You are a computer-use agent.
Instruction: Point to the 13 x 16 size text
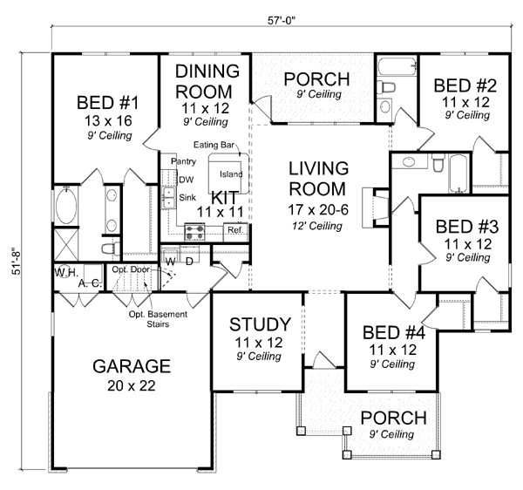109,121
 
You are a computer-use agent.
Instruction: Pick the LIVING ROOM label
319,178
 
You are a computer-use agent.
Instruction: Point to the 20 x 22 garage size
134,385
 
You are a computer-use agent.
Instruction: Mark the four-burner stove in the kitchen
194,231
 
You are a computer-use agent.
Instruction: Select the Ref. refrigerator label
234,230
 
